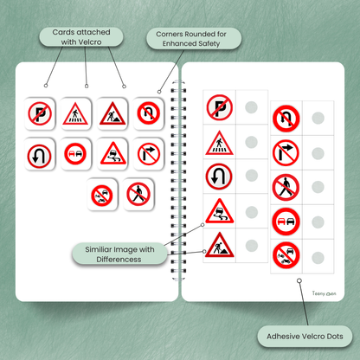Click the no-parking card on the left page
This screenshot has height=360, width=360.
pos(40,113)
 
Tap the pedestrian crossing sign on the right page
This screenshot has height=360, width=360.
pos(219,143)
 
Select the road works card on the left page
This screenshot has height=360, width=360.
pos(112,113)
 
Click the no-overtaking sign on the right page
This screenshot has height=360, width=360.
pos(286,222)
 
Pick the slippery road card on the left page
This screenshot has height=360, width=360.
pos(112,153)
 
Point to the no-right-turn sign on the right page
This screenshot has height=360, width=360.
pos(286,153)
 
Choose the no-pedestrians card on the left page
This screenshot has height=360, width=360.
pos(138,194)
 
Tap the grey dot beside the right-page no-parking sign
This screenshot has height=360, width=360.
pos(251,107)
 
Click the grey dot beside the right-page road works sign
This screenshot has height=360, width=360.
pos(251,246)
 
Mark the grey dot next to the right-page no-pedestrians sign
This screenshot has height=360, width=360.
pos(318,187)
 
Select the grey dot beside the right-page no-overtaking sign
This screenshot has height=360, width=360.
pos(318,222)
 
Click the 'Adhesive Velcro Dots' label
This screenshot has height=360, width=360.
pos(305,337)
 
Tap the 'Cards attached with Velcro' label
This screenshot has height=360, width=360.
pos(81,37)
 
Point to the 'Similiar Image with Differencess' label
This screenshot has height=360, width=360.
pos(119,254)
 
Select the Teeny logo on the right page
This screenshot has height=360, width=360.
pos(324,293)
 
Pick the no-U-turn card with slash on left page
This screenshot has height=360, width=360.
pos(149,113)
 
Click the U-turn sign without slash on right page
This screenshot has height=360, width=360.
pos(219,177)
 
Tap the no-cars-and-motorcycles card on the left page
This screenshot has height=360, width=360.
pos(102,195)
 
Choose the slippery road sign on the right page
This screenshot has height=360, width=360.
pos(219,211)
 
